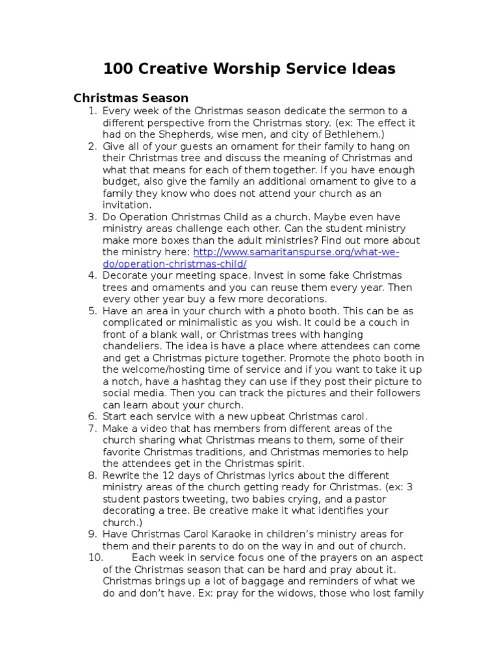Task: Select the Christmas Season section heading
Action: (x=131, y=98)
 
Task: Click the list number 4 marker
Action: (x=92, y=275)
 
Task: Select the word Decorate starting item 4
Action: (x=125, y=275)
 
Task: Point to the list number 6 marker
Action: (x=92, y=416)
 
